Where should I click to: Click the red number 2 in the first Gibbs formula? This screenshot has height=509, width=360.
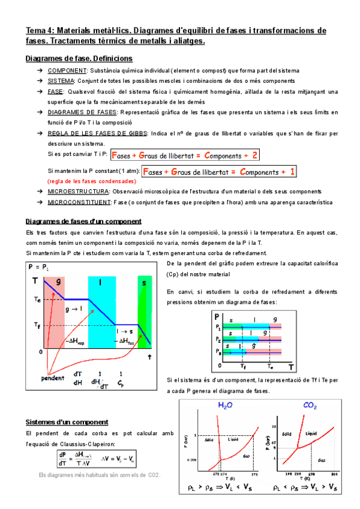pyautogui.click(x=255, y=155)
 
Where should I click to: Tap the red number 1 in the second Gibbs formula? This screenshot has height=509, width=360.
pyautogui.click(x=292, y=172)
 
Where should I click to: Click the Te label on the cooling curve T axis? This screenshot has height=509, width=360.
pyautogui.click(x=37, y=298)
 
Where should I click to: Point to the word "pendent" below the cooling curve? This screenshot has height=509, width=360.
pyautogui.click(x=53, y=378)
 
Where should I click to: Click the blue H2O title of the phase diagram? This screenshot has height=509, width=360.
pyautogui.click(x=225, y=406)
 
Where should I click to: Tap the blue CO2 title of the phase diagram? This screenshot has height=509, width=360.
pyautogui.click(x=310, y=406)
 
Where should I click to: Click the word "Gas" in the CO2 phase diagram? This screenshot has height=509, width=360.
pyautogui.click(x=322, y=460)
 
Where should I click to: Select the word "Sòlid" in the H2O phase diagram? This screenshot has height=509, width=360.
pyautogui.click(x=209, y=440)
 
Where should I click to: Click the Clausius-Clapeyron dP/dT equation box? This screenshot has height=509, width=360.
pyautogui.click(x=92, y=458)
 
